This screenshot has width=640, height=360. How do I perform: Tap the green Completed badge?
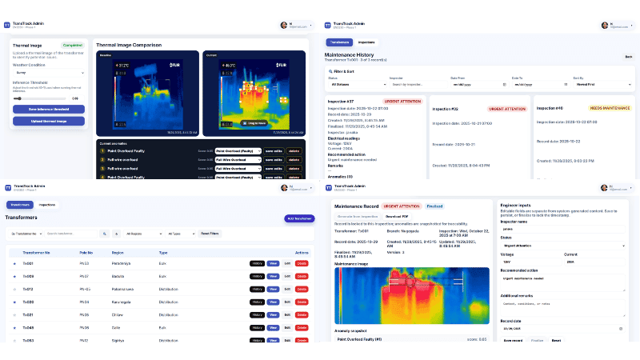pyautogui.click(x=73, y=46)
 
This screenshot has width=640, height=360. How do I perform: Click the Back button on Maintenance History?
pyautogui.click(x=338, y=42)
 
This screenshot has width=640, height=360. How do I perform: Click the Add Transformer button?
pyautogui.click(x=299, y=218)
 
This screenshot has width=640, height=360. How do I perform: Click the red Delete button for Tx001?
pyautogui.click(x=302, y=263)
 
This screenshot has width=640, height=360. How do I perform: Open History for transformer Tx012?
pyautogui.click(x=257, y=289)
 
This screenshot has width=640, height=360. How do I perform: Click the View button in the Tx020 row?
pyautogui.click(x=273, y=302)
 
